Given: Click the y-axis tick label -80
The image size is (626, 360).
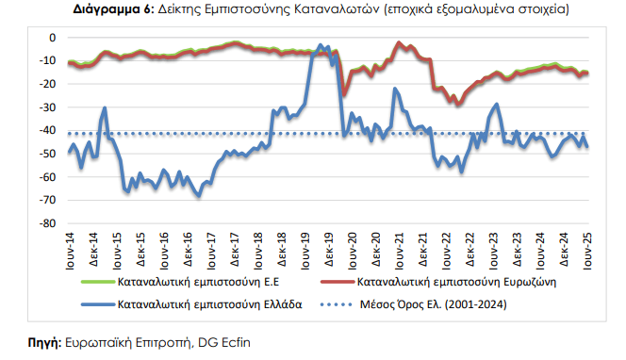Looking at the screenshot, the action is click(47, 223).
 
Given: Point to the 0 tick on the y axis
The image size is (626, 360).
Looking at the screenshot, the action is click(52, 38).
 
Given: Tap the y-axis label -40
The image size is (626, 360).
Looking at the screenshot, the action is click(47, 130).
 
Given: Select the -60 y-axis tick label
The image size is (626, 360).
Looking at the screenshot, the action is click(47, 177).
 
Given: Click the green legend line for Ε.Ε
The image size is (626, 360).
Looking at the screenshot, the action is click(98, 282).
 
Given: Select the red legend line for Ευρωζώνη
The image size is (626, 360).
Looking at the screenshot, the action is click(338, 282).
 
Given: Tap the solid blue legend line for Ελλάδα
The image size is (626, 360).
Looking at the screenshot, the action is click(98, 305).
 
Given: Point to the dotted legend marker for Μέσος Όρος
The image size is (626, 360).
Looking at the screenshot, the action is click(337, 305).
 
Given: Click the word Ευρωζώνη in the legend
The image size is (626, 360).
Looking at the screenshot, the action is click(530, 282).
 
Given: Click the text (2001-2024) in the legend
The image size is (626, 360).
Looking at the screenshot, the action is click(475, 304).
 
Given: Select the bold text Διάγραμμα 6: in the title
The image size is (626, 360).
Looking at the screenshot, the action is click(114, 9).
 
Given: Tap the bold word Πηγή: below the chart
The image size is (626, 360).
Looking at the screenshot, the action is click(44, 343).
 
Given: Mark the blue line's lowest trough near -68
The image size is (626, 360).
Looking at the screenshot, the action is click(199, 196).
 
